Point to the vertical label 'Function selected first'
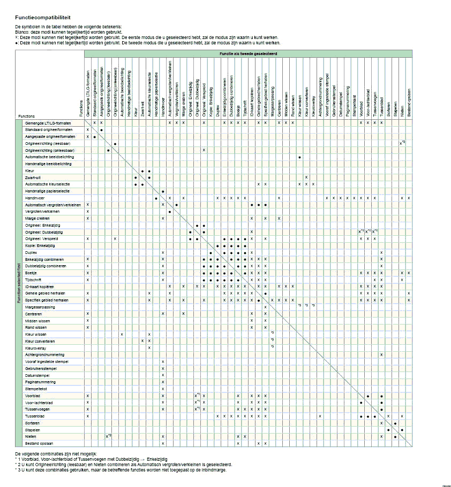pos(19,283)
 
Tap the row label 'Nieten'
pos(30,436)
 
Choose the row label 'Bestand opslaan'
pos(37,443)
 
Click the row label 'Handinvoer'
pos(34,198)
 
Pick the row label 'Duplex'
pos(31,252)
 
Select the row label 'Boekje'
pos(31,273)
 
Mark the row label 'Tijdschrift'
pos(33,280)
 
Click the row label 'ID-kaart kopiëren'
pos(37,287)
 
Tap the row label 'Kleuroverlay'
pos(35,347)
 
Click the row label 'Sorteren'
pos(32,423)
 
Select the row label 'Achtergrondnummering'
pos(41,354)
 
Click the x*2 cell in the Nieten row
pos(108,436)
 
